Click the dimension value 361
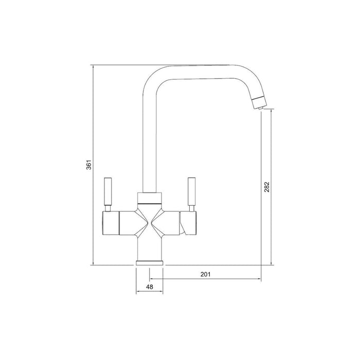coord(88,166)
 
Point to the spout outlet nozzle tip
coord(259,105)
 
